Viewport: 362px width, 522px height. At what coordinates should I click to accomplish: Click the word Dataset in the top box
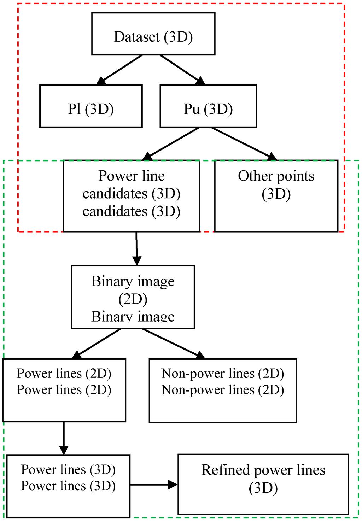pos(136,37)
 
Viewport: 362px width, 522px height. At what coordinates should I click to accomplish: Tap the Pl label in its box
pos(75,109)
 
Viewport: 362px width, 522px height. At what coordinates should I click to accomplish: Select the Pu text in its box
pos(192,109)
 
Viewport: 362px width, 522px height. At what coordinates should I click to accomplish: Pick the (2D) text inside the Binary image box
pos(133,299)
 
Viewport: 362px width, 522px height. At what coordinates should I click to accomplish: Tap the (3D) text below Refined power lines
pos(263,488)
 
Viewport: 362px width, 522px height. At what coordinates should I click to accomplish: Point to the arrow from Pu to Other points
pos(243,143)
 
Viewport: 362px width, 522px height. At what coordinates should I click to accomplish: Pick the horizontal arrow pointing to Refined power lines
pos(154,485)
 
